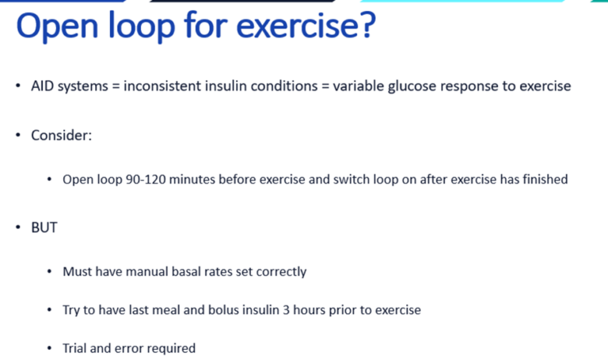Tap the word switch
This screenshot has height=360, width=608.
coord(326,180)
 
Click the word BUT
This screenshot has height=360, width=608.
coord(44,228)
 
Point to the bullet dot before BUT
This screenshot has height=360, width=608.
coord(18,228)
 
